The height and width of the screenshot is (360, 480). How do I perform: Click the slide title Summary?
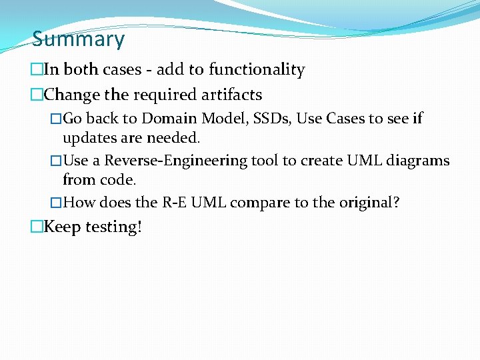point(78,39)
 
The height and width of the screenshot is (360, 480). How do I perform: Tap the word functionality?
point(257,70)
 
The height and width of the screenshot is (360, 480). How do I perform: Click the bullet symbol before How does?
point(56,203)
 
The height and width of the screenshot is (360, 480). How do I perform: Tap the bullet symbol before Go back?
point(56,119)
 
